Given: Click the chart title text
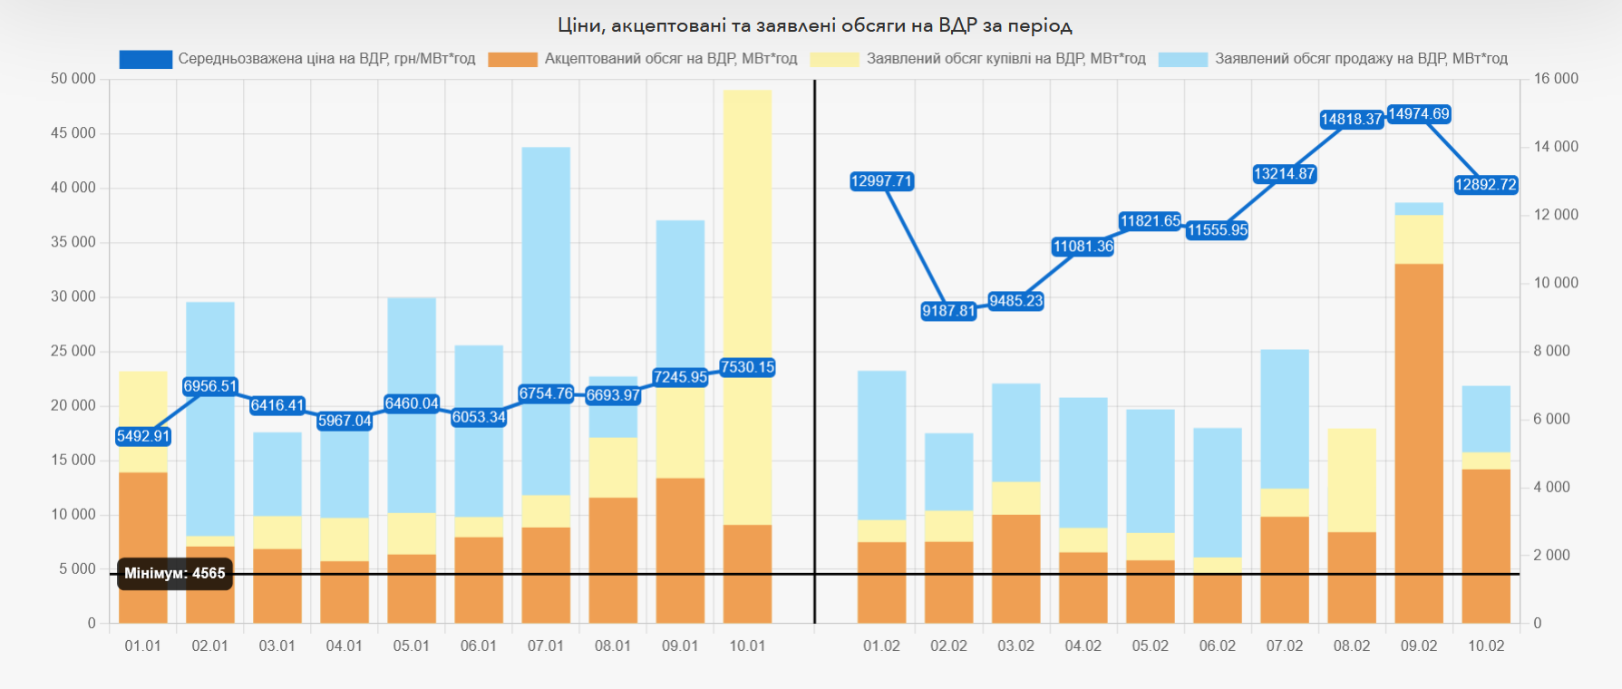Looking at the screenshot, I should (814, 25).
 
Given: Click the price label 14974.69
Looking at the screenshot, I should (1419, 114).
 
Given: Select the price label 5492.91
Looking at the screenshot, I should (143, 436).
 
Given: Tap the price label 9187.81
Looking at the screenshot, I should (948, 311).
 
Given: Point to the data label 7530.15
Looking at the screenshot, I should (747, 367).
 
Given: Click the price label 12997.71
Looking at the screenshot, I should (881, 181).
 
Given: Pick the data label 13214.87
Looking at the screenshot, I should (1284, 174).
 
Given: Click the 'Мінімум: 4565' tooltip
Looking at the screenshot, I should (175, 573).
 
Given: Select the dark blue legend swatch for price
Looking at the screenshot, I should (145, 59).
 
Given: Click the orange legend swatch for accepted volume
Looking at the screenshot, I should (512, 59).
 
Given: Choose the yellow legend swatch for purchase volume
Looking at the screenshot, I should (834, 59).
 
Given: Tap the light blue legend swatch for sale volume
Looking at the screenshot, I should (1182, 59).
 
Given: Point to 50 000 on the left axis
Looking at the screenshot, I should (73, 79).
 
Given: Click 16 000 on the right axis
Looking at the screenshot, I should (1556, 79).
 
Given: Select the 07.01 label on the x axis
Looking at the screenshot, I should (546, 645).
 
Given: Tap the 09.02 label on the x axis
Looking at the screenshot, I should (1419, 645).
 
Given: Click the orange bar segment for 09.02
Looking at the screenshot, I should (1419, 444).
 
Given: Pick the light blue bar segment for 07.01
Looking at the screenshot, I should (546, 317).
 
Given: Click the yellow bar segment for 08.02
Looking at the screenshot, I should (1352, 480).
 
